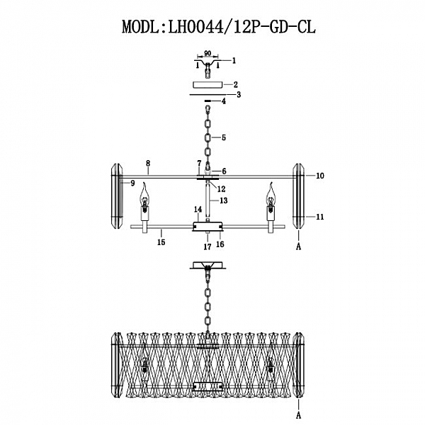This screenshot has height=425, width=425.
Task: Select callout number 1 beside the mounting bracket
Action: point(234,61)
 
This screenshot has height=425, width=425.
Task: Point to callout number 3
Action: point(239,93)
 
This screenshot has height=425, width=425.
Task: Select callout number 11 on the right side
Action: point(319,217)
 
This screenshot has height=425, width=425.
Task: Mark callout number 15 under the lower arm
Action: point(161,242)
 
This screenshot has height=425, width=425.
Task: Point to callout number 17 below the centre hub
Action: point(207,246)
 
